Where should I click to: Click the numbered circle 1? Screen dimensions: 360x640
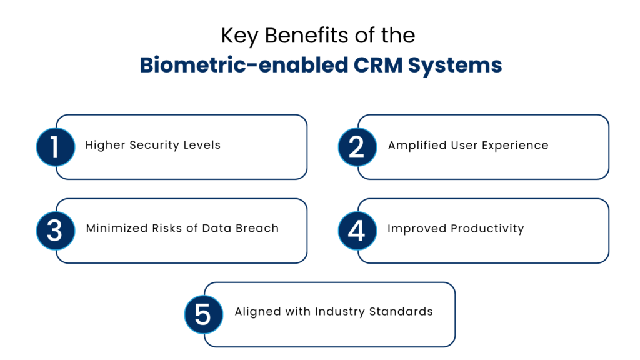pyautogui.click(x=55, y=147)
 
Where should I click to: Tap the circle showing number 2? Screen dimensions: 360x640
pyautogui.click(x=357, y=147)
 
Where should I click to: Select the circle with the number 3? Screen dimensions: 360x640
pyautogui.click(x=55, y=230)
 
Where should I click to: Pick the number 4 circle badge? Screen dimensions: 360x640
pyautogui.click(x=357, y=230)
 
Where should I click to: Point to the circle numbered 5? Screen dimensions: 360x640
pyautogui.click(x=203, y=314)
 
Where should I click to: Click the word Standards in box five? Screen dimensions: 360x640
pyautogui.click(x=403, y=311)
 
